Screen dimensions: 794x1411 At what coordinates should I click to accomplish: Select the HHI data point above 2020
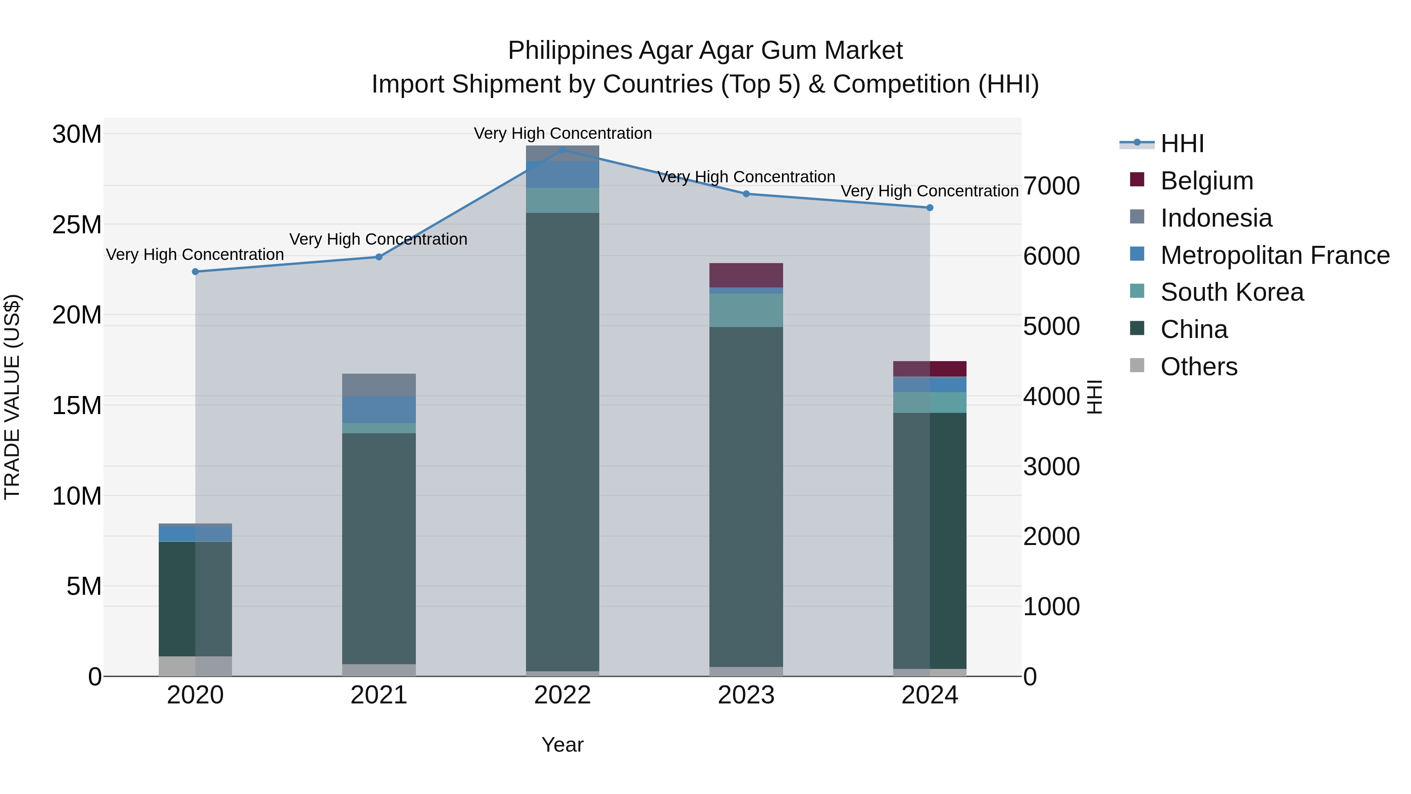click(196, 272)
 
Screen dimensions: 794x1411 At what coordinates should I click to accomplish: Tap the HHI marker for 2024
click(930, 208)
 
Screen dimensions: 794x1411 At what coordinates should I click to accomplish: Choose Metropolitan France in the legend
click(1275, 255)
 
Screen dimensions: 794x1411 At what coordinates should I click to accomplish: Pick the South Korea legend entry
click(1232, 292)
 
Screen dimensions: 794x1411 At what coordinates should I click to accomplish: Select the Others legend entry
click(1199, 367)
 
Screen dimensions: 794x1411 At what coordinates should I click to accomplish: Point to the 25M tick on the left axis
click(77, 225)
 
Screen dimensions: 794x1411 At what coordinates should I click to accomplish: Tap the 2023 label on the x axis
click(746, 695)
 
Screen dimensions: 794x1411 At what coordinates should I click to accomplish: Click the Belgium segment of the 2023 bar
click(746, 275)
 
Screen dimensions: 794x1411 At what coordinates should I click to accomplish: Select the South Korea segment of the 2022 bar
click(562, 200)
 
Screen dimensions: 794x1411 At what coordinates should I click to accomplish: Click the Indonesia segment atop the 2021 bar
click(379, 385)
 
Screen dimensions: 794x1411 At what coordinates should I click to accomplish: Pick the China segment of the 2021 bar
click(379, 548)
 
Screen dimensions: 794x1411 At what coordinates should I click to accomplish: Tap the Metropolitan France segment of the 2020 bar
click(196, 534)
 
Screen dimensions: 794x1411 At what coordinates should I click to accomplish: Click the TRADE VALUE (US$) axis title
click(12, 397)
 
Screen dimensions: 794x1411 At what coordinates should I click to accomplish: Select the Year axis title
click(562, 745)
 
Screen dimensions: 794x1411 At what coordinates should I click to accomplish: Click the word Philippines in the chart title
click(569, 51)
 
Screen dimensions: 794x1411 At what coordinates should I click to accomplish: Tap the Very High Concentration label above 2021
click(379, 240)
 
